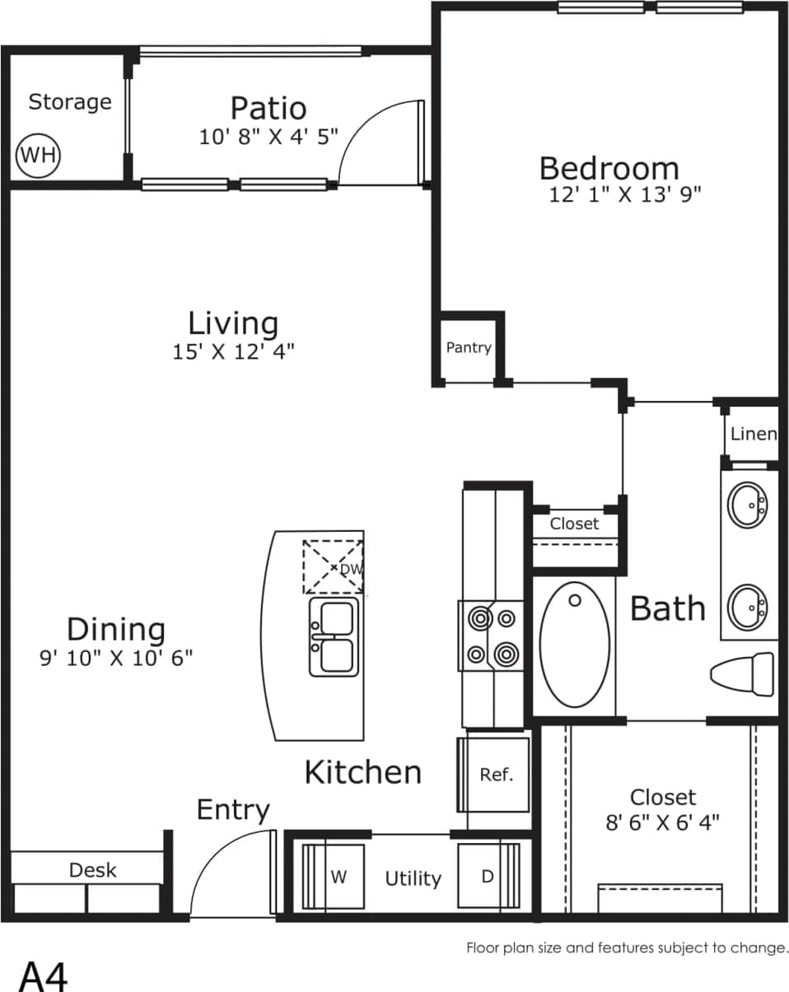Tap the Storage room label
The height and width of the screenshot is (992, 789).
[x=70, y=102]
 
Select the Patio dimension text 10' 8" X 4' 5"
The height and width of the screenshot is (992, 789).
[x=268, y=137]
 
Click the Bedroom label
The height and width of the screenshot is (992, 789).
[x=609, y=168]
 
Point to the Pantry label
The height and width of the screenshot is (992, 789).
[x=469, y=347]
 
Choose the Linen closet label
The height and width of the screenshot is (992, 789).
[x=753, y=433]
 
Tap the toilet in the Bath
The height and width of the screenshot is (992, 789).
[x=743, y=673]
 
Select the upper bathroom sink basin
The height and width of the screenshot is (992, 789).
[x=749, y=505]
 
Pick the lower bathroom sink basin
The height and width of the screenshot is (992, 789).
[x=749, y=607]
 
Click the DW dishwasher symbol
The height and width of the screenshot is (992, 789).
[x=334, y=567]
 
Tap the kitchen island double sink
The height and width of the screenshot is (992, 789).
[x=334, y=636]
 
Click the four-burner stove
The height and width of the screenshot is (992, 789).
[x=493, y=635]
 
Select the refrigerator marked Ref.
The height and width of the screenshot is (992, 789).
[x=495, y=775]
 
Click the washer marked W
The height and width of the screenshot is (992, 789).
[x=336, y=878]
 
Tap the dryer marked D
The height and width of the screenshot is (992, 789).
[x=488, y=877]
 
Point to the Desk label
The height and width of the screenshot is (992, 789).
[x=92, y=870]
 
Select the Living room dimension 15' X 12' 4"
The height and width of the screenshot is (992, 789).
[x=233, y=352]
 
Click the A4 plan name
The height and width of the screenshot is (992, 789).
[x=43, y=976]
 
